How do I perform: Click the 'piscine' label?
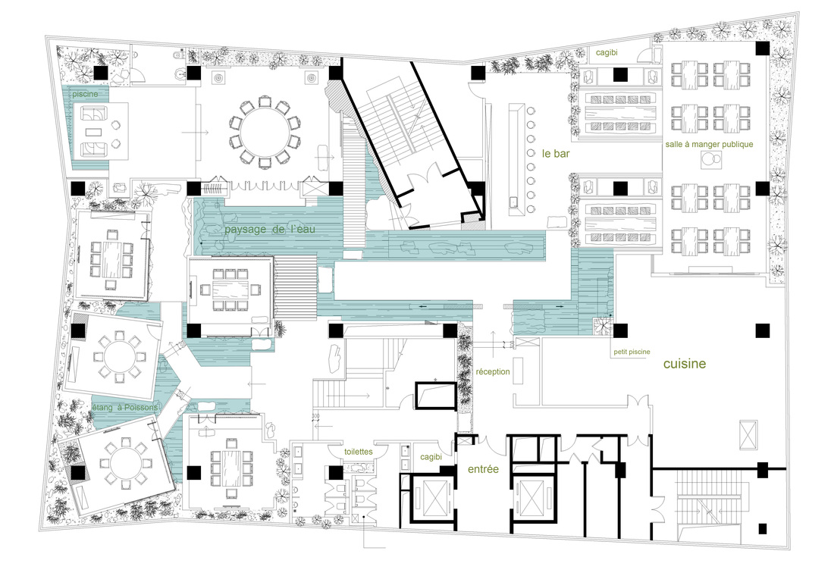tap(85, 94)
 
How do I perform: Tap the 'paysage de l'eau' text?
tap(270, 229)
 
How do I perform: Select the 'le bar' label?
tap(556, 154)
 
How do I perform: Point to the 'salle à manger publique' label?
tap(709, 144)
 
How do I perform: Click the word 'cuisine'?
tap(685, 364)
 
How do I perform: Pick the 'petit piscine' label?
tap(632, 352)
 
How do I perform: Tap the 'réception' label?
tap(493, 372)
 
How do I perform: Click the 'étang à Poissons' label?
tap(125, 408)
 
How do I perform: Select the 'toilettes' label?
tap(358, 452)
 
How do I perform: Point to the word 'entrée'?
tap(483, 469)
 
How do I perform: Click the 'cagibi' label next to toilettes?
tap(431, 457)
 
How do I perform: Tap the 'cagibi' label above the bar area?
tap(607, 52)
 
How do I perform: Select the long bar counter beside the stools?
tap(516, 159)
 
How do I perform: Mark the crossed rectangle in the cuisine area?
tap(748, 434)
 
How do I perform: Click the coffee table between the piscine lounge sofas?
tap(96, 131)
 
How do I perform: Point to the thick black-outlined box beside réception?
tap(436, 395)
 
